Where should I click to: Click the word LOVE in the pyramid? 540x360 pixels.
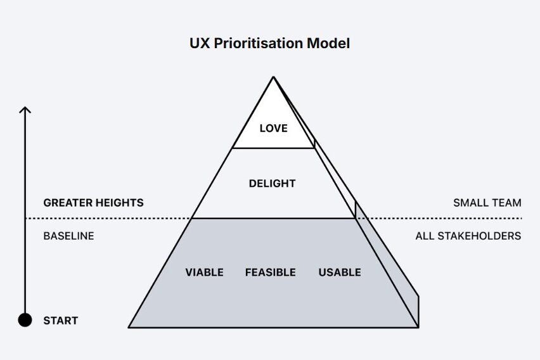pyautogui.click(x=273, y=128)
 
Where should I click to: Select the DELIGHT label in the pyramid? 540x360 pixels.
pyautogui.click(x=272, y=184)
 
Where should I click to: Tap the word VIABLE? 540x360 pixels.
pyautogui.click(x=204, y=273)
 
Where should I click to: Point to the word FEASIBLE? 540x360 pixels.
pyautogui.click(x=271, y=273)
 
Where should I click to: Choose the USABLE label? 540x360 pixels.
pyautogui.click(x=340, y=273)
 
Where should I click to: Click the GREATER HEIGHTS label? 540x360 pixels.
pyautogui.click(x=93, y=203)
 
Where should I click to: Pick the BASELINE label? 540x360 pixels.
pyautogui.click(x=68, y=236)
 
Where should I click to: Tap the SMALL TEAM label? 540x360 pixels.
pyautogui.click(x=487, y=203)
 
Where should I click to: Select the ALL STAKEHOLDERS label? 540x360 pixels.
pyautogui.click(x=468, y=236)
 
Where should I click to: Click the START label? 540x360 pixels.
pyautogui.click(x=60, y=321)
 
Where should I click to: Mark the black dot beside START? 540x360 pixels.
pyautogui.click(x=25, y=320)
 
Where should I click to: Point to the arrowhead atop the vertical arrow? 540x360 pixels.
pyautogui.click(x=25, y=110)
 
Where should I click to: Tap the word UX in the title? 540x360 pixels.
pyautogui.click(x=198, y=44)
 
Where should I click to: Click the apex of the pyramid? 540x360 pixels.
pyautogui.click(x=273, y=77)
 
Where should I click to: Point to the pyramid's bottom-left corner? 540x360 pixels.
pyautogui.click(x=129, y=327)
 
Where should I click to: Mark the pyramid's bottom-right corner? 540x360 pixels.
pyautogui.click(x=418, y=327)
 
